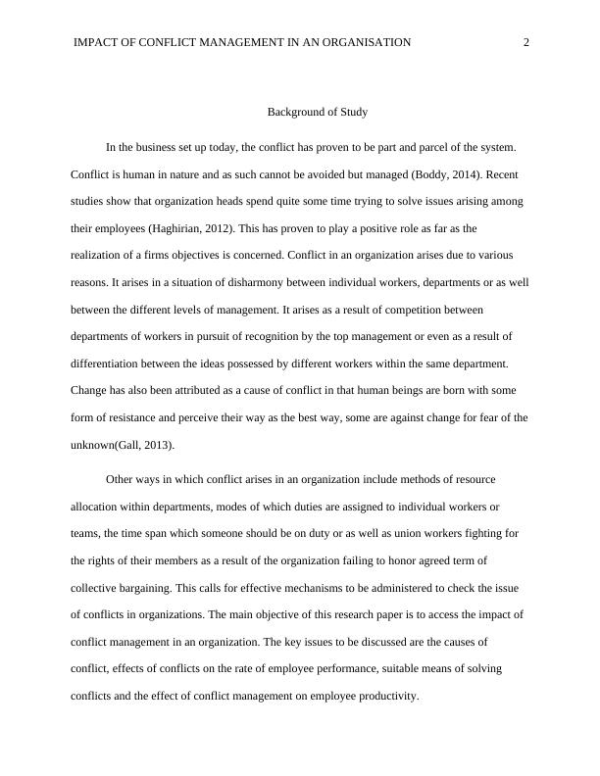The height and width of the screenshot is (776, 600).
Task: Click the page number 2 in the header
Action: click(526, 42)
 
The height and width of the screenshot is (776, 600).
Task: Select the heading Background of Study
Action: click(318, 112)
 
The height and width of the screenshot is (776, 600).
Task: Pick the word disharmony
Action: click(231, 282)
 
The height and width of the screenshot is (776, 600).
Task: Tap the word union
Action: click(394, 534)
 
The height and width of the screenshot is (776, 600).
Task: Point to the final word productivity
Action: click(385, 696)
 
